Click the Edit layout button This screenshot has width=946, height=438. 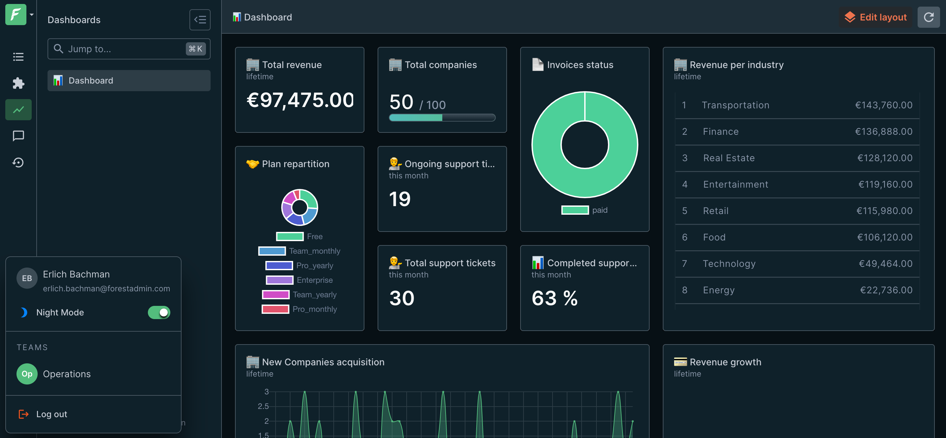[x=875, y=17]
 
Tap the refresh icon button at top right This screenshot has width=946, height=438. [x=929, y=17]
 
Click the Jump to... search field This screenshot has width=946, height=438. [x=125, y=49]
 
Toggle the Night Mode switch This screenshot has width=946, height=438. [x=159, y=312]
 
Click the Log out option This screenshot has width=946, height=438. [x=51, y=414]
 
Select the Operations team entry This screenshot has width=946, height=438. [x=66, y=374]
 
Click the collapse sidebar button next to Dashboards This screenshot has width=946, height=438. [x=200, y=20]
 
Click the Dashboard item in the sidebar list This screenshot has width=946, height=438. [x=128, y=81]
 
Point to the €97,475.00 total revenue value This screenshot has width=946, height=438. [x=300, y=100]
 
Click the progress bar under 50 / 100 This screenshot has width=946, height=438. [x=442, y=118]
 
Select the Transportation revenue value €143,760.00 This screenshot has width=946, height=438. [x=884, y=105]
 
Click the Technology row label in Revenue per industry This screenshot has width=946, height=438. [x=729, y=264]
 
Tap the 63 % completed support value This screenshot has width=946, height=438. [x=555, y=298]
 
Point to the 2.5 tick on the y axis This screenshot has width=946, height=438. [x=263, y=406]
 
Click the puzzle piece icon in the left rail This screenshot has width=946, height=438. [x=18, y=83]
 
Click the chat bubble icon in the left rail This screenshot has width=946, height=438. [x=18, y=136]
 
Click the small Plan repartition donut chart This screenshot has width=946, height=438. [x=300, y=207]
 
